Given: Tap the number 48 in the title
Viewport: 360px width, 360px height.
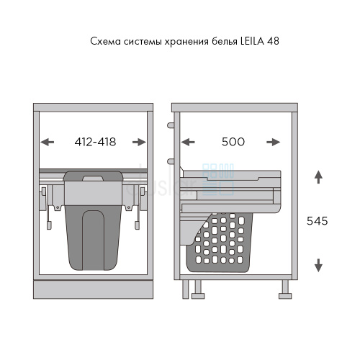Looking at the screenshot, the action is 273,41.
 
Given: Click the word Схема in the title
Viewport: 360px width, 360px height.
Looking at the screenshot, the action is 105,42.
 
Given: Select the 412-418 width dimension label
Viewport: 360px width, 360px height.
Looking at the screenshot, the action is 95,142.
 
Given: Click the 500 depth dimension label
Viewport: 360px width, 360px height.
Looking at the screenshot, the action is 233,142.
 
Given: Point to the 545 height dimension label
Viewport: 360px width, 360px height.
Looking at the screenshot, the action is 317,221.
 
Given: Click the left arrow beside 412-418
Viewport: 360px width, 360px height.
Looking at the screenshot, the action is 48,142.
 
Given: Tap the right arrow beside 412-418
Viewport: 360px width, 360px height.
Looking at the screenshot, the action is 139,142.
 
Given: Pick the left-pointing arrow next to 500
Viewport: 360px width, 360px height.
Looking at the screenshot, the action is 188,142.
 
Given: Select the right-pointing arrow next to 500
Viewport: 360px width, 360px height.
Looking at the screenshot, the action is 274,142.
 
